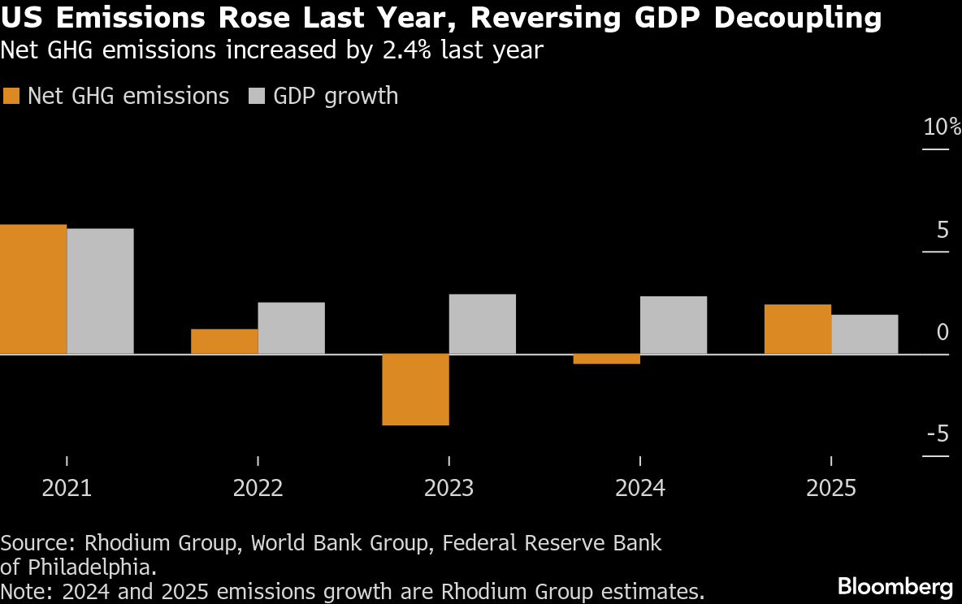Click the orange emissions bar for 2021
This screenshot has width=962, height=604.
[33, 289]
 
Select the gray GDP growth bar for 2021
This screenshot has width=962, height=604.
[100, 291]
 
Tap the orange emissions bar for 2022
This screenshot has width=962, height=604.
[224, 341]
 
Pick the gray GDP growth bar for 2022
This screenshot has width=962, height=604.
[291, 328]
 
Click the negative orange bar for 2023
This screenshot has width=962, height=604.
[415, 389]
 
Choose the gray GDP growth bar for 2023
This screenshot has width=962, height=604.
[482, 324]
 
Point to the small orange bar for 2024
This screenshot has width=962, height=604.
[606, 359]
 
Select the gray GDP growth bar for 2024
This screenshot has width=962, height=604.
[673, 325]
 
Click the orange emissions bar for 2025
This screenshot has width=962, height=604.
[798, 329]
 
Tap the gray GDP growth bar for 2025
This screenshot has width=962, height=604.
[864, 334]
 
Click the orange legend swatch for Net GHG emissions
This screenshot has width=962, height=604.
[11, 96]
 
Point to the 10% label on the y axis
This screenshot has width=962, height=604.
[942, 127]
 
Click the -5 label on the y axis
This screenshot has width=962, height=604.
[938, 434]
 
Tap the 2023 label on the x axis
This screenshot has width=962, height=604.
[448, 488]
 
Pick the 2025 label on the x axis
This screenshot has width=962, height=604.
[831, 488]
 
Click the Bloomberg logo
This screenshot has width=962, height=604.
[895, 585]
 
